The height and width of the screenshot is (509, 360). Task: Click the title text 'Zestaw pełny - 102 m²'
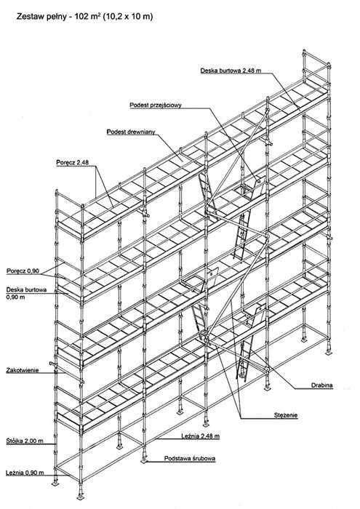click(59, 16)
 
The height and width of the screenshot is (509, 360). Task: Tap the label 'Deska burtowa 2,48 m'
click(231, 71)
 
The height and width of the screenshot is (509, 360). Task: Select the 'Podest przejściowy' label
click(156, 105)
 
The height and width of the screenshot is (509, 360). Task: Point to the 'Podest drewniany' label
click(131, 132)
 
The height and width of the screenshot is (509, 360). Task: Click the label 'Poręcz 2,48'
click(73, 162)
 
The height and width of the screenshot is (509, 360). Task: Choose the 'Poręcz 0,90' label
click(23, 271)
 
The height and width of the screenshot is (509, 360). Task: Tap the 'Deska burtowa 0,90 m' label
click(26, 293)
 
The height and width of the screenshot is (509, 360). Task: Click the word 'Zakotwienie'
click(23, 370)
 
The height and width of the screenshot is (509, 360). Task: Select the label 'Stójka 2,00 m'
click(25, 441)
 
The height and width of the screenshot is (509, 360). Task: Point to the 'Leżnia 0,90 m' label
click(25, 473)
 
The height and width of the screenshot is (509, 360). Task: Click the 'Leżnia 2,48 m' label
click(200, 436)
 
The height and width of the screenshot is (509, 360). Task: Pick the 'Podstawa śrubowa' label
click(190, 458)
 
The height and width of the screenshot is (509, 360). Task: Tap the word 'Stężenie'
click(286, 415)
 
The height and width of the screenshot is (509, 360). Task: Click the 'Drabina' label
click(322, 385)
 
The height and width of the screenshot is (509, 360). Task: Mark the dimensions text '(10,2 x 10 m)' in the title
click(127, 16)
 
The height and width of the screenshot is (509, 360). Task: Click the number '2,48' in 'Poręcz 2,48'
click(82, 162)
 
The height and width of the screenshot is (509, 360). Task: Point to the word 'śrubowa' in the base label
click(203, 458)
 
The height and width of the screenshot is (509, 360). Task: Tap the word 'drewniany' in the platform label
click(142, 132)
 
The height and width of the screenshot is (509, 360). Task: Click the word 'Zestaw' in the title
click(28, 16)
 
